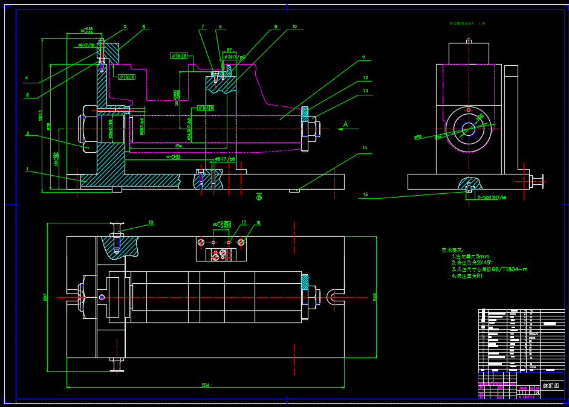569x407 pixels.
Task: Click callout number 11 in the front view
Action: click(x=364, y=57)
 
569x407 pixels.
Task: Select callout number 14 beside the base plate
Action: click(x=365, y=147)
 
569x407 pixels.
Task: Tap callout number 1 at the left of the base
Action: click(x=27, y=170)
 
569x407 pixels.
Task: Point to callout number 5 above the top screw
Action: click(x=125, y=27)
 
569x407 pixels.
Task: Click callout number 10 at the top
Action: click(x=294, y=27)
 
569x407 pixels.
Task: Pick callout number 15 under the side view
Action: click(x=365, y=194)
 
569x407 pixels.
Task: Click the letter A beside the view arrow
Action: click(x=345, y=124)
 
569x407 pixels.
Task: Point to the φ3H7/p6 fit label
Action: click(x=235, y=57)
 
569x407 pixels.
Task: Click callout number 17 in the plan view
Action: click(x=244, y=223)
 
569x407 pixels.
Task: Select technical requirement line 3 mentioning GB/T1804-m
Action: click(x=489, y=269)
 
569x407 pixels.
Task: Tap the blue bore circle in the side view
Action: click(x=469, y=129)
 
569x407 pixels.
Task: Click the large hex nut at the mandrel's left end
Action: click(x=84, y=127)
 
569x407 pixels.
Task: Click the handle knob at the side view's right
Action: click(x=538, y=179)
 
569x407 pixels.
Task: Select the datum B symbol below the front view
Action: click(x=259, y=197)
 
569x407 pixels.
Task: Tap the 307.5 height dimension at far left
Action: click(x=41, y=115)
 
